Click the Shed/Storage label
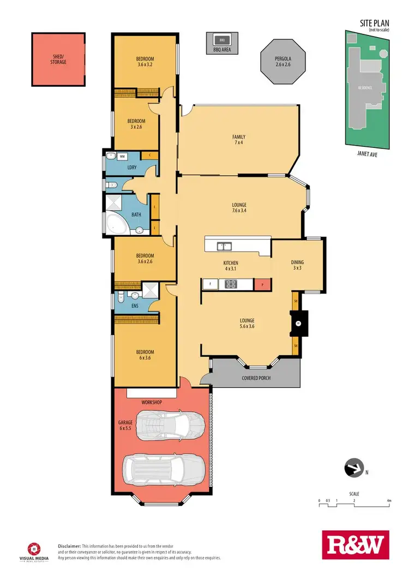(x=58, y=59)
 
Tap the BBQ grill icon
(x=222, y=40)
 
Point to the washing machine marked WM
(x=122, y=157)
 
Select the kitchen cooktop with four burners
(x=231, y=284)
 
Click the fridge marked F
(x=210, y=284)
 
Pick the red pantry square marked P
(x=262, y=284)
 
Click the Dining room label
(x=297, y=265)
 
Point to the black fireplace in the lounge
(x=298, y=323)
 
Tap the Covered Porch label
(x=256, y=378)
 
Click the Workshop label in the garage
(x=152, y=402)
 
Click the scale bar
(x=354, y=505)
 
